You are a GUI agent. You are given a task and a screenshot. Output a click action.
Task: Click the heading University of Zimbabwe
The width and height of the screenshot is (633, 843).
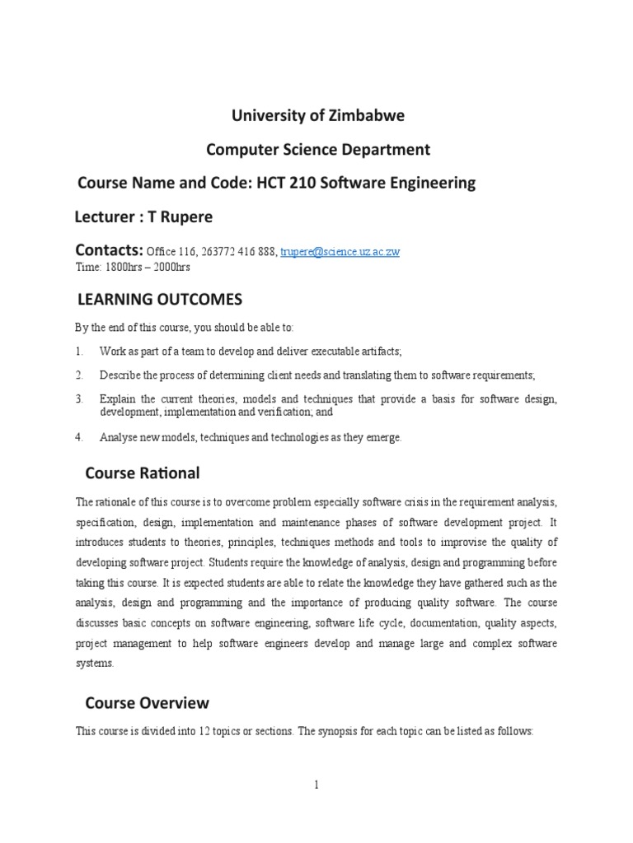pos(317,115)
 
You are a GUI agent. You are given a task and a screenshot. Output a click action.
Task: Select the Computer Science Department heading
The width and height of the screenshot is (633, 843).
pos(317,149)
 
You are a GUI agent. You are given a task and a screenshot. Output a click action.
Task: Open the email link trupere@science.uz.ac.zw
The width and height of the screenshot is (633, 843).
pos(340,252)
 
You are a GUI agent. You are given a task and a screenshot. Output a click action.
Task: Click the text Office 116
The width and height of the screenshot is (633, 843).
pos(170,252)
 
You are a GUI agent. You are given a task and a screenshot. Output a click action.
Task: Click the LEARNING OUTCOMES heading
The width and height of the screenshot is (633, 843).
pos(159,298)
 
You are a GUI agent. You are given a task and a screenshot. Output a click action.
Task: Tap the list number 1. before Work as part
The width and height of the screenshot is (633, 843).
pos(79,352)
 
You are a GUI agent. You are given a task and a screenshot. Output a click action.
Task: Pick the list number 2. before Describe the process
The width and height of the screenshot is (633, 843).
pos(79,375)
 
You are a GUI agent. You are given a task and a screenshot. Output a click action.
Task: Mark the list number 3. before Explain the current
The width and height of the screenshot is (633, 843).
pos(79,399)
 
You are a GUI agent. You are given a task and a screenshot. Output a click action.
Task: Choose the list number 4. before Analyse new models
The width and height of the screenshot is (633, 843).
pos(79,438)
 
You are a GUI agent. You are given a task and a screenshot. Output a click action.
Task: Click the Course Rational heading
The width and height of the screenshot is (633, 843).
pos(143,473)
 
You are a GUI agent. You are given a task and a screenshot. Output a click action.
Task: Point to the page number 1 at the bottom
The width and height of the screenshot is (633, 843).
pos(316,785)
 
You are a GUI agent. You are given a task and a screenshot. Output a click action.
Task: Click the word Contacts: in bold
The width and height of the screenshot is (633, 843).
pos(110,249)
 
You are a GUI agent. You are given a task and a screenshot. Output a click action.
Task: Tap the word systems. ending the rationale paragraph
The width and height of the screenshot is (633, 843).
pos(94,664)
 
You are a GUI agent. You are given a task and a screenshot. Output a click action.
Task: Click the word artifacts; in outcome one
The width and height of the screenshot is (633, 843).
pos(380,352)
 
